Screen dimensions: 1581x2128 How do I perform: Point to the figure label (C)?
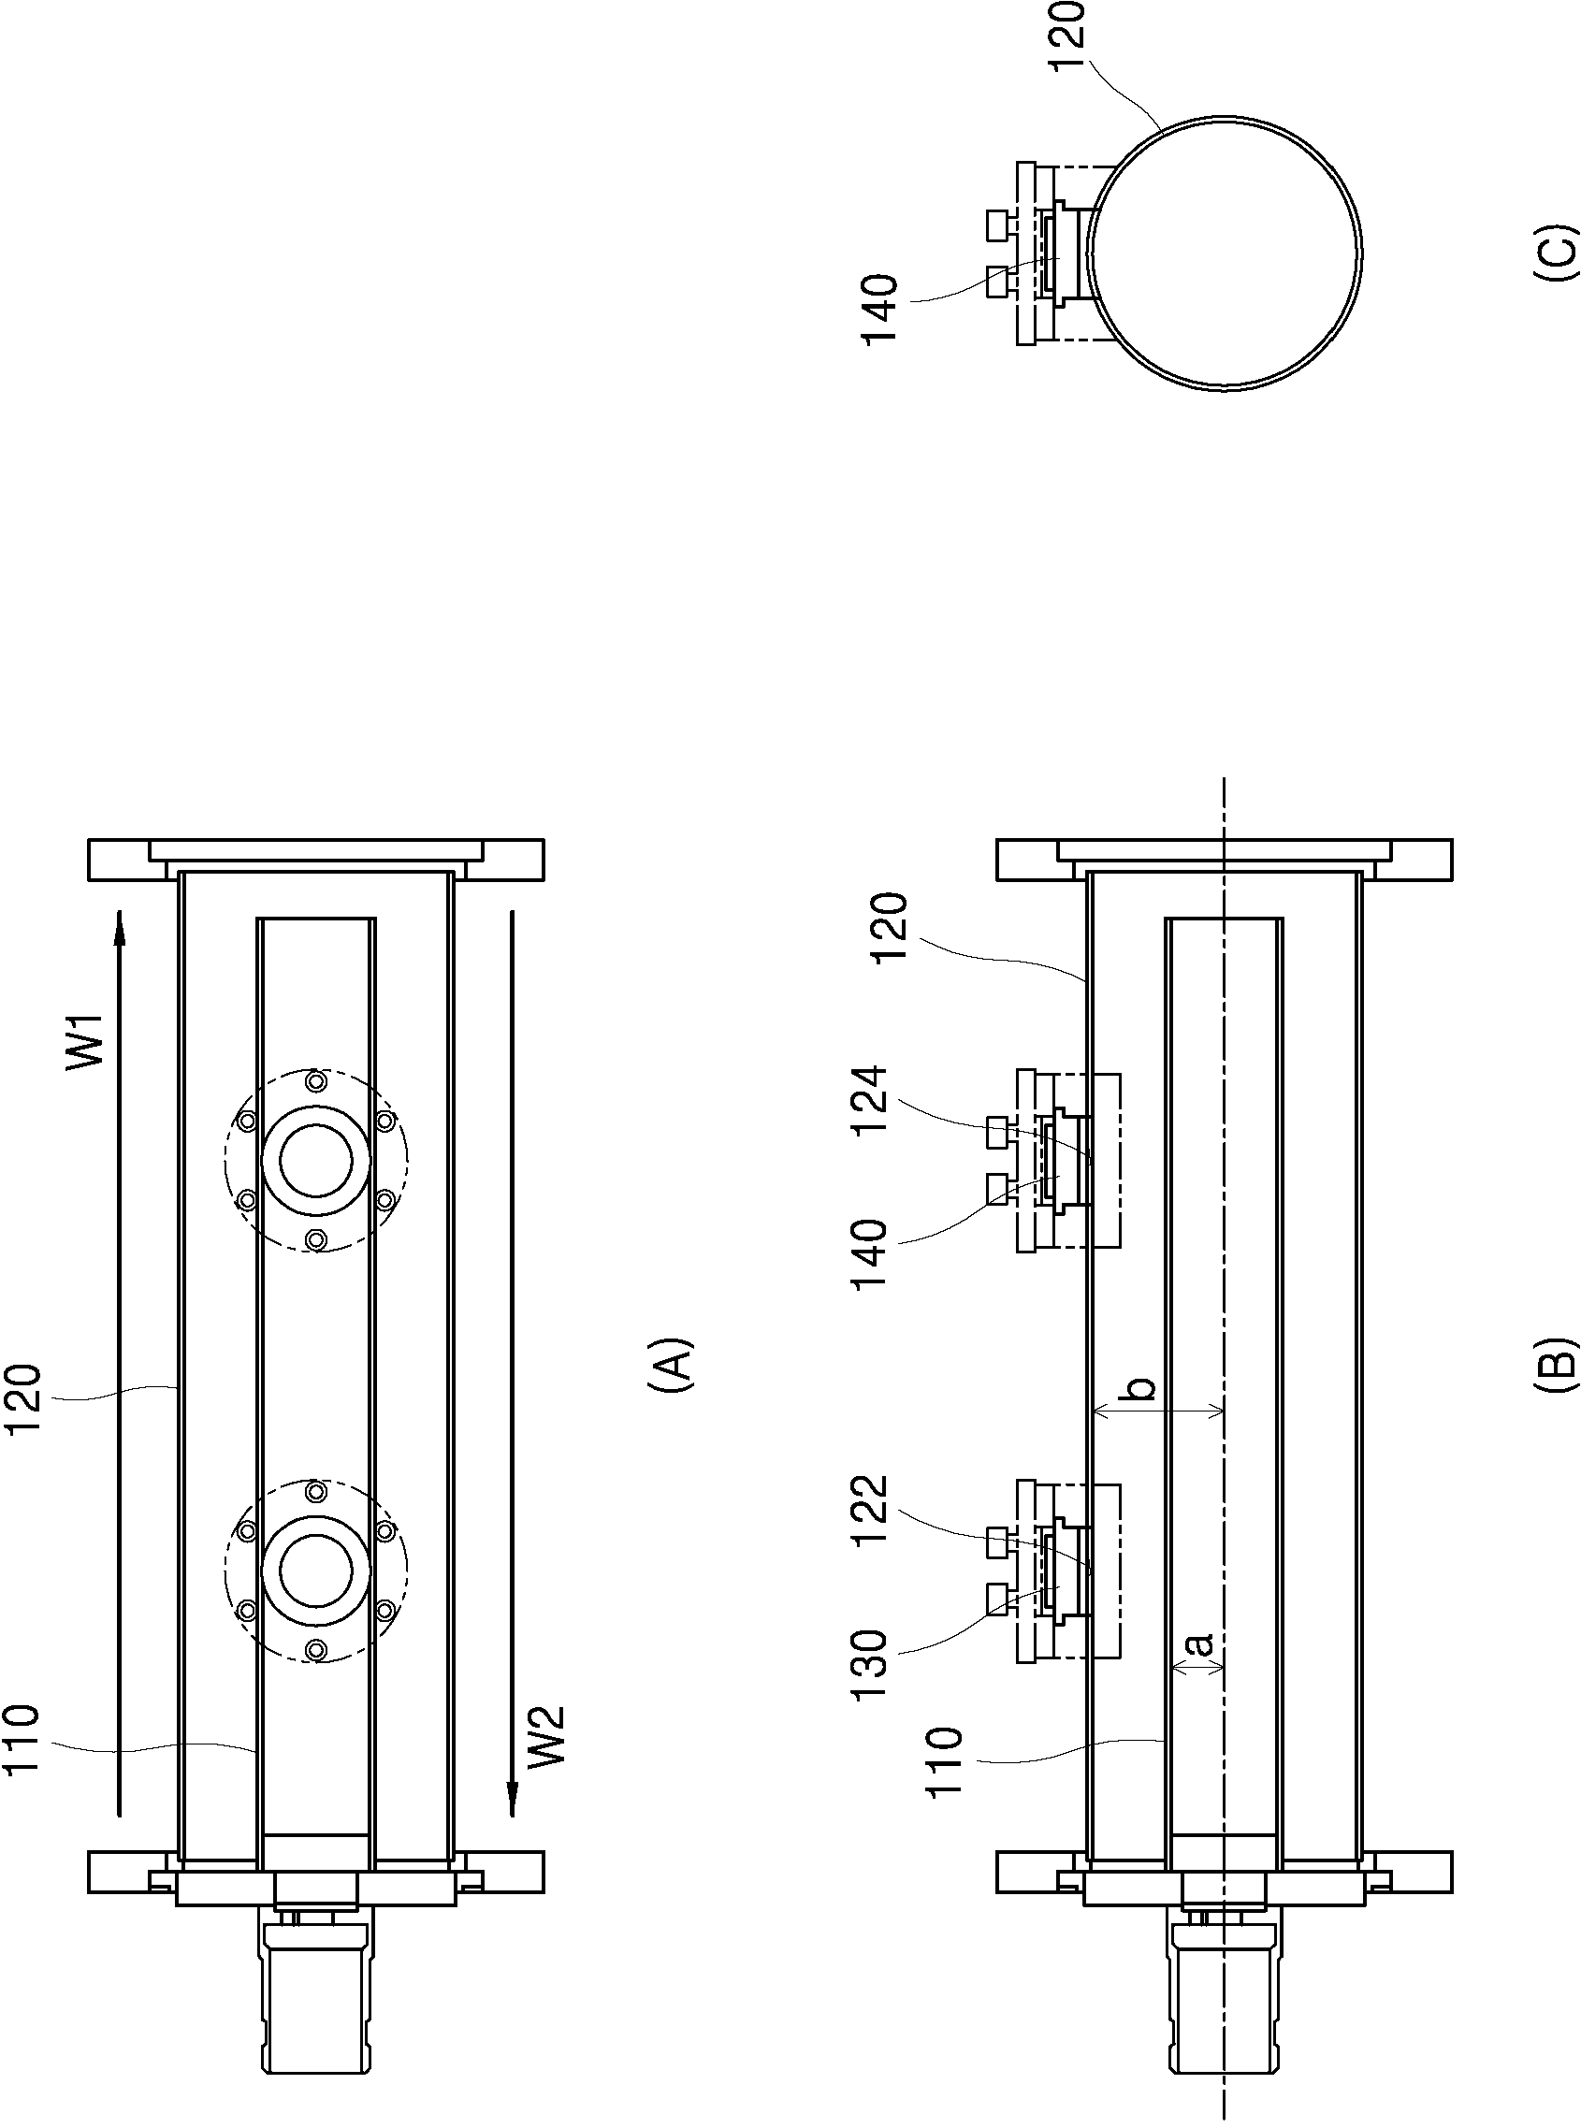(x=1552, y=252)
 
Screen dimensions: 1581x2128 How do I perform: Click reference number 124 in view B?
(x=871, y=1100)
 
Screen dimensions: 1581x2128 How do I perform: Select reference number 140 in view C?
(x=878, y=310)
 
